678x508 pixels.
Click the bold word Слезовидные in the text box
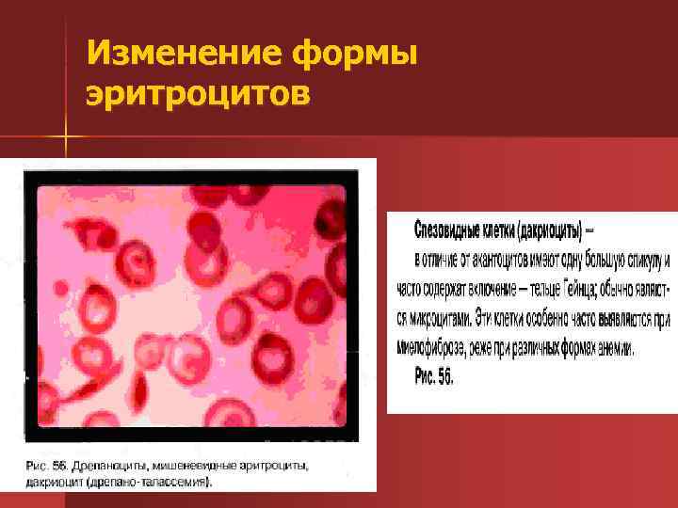[x=446, y=230]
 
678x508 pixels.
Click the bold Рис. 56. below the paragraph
[x=434, y=375]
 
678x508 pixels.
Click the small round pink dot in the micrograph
[x=61, y=286]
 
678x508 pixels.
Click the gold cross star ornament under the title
[x=67, y=142]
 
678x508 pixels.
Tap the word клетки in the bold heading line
[x=503, y=230]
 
